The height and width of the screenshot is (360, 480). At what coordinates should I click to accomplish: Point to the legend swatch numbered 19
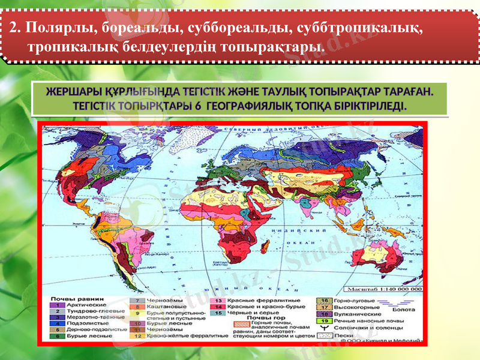(x=325, y=320)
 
